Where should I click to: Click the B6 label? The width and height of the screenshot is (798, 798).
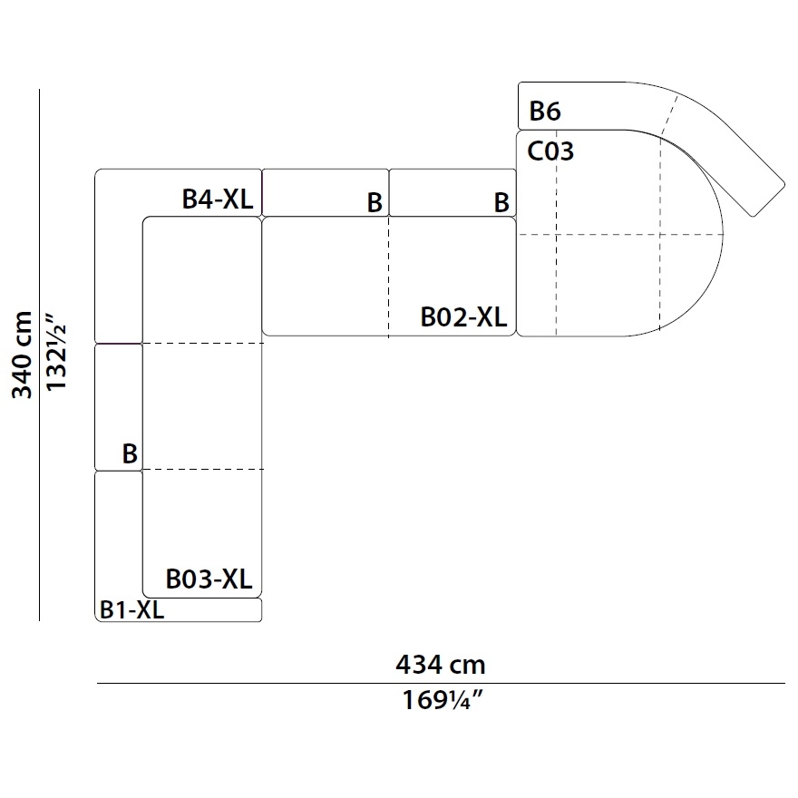(545, 111)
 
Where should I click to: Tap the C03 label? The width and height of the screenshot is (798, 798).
(550, 151)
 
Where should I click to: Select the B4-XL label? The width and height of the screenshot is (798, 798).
(218, 199)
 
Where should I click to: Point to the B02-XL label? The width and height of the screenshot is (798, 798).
(463, 317)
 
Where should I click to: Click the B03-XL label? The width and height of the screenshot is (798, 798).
(209, 579)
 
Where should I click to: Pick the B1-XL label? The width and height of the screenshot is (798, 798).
(131, 609)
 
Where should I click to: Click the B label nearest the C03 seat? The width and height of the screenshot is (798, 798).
(501, 202)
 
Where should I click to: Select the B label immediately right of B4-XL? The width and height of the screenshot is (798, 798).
(375, 202)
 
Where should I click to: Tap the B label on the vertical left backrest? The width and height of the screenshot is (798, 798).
(130, 453)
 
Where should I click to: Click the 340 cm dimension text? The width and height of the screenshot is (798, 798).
(22, 355)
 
